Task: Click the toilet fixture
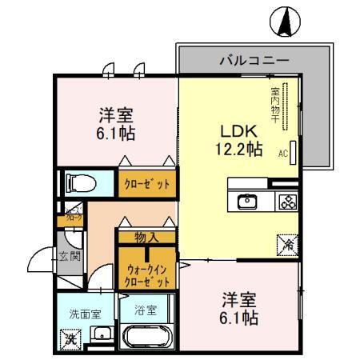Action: click(78, 183)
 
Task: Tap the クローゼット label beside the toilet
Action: click(146, 183)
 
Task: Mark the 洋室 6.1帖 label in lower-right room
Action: click(238, 309)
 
